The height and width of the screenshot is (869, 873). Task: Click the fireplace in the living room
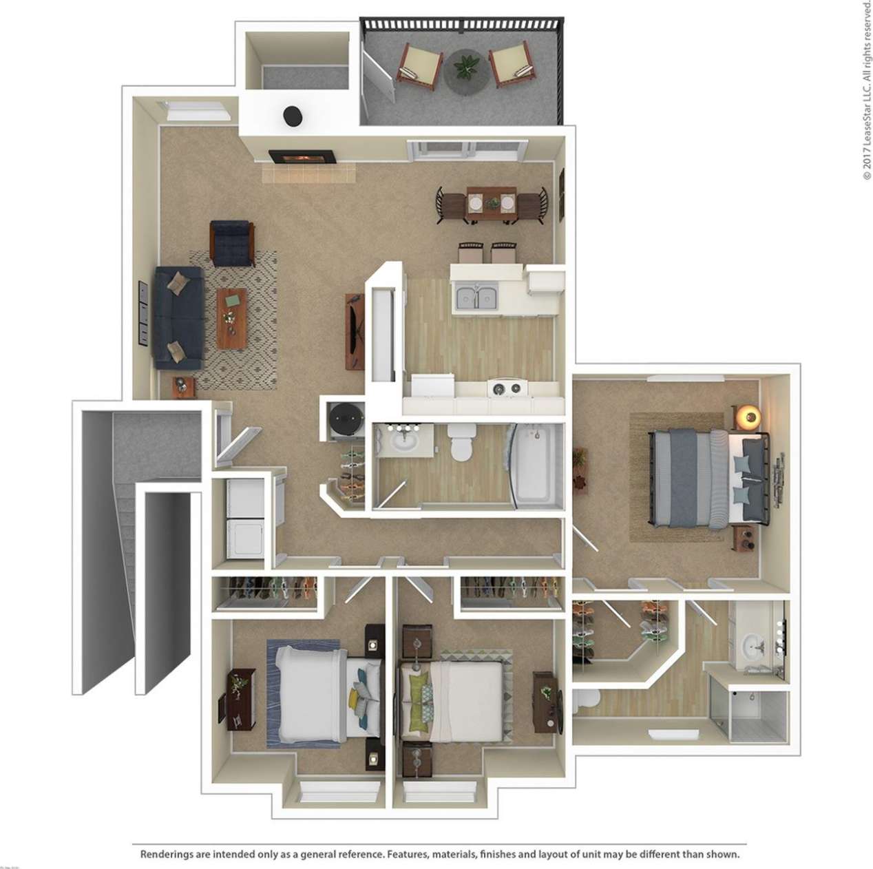pyautogui.click(x=302, y=157)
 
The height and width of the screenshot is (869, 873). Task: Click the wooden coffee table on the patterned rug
pyautogui.click(x=231, y=317)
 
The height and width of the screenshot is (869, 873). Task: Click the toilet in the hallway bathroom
pyautogui.click(x=459, y=443)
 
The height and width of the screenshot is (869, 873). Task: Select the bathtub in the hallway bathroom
pyautogui.click(x=534, y=465)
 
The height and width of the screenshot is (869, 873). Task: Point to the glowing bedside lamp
pyautogui.click(x=748, y=416)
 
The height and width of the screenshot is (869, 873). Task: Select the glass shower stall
pyautogui.click(x=758, y=716)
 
